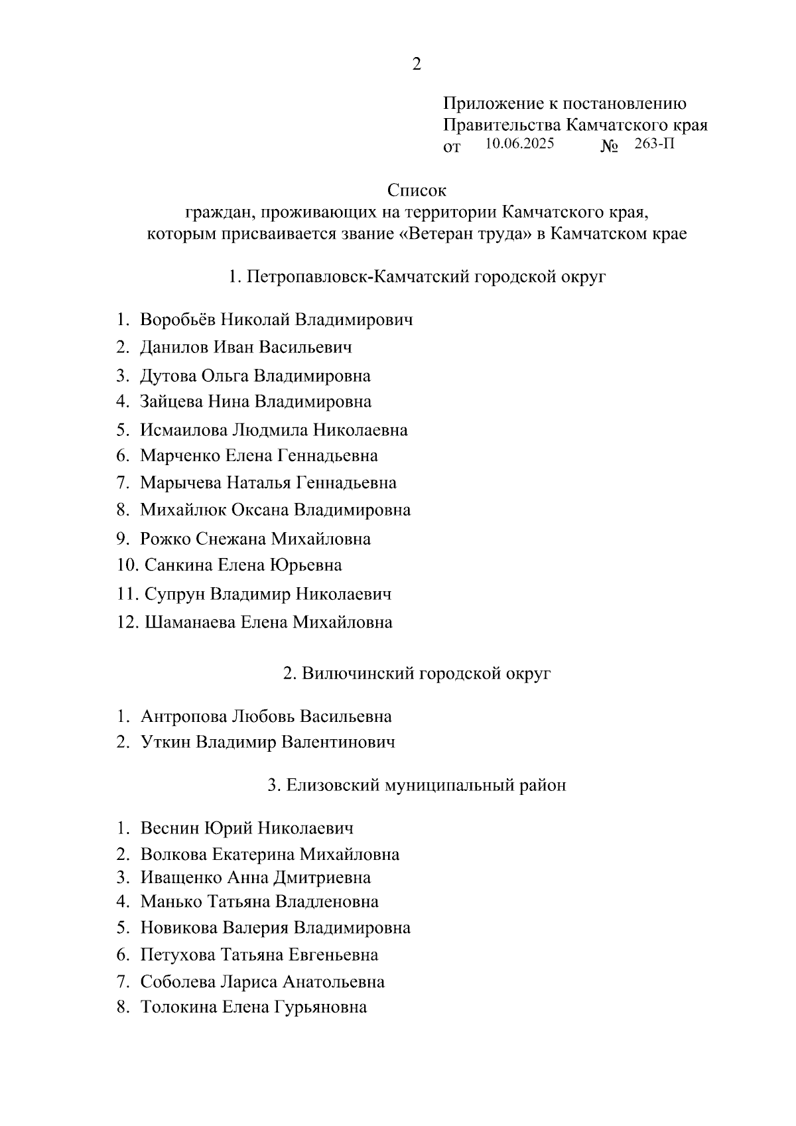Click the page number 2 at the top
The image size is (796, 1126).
tap(417, 64)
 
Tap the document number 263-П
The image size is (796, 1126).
tap(654, 144)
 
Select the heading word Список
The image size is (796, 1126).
tap(417, 190)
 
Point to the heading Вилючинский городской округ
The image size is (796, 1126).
tap(417, 673)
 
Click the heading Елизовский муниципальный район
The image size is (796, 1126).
tap(417, 786)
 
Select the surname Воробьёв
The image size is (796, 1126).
tap(177, 320)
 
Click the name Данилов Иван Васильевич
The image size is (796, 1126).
tap(245, 347)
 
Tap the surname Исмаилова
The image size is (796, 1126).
tap(183, 430)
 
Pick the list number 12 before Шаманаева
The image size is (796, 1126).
tap(126, 622)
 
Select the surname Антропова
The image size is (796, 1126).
tap(183, 717)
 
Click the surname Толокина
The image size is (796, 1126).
tap(178, 1007)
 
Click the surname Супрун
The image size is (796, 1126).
tap(174, 594)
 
